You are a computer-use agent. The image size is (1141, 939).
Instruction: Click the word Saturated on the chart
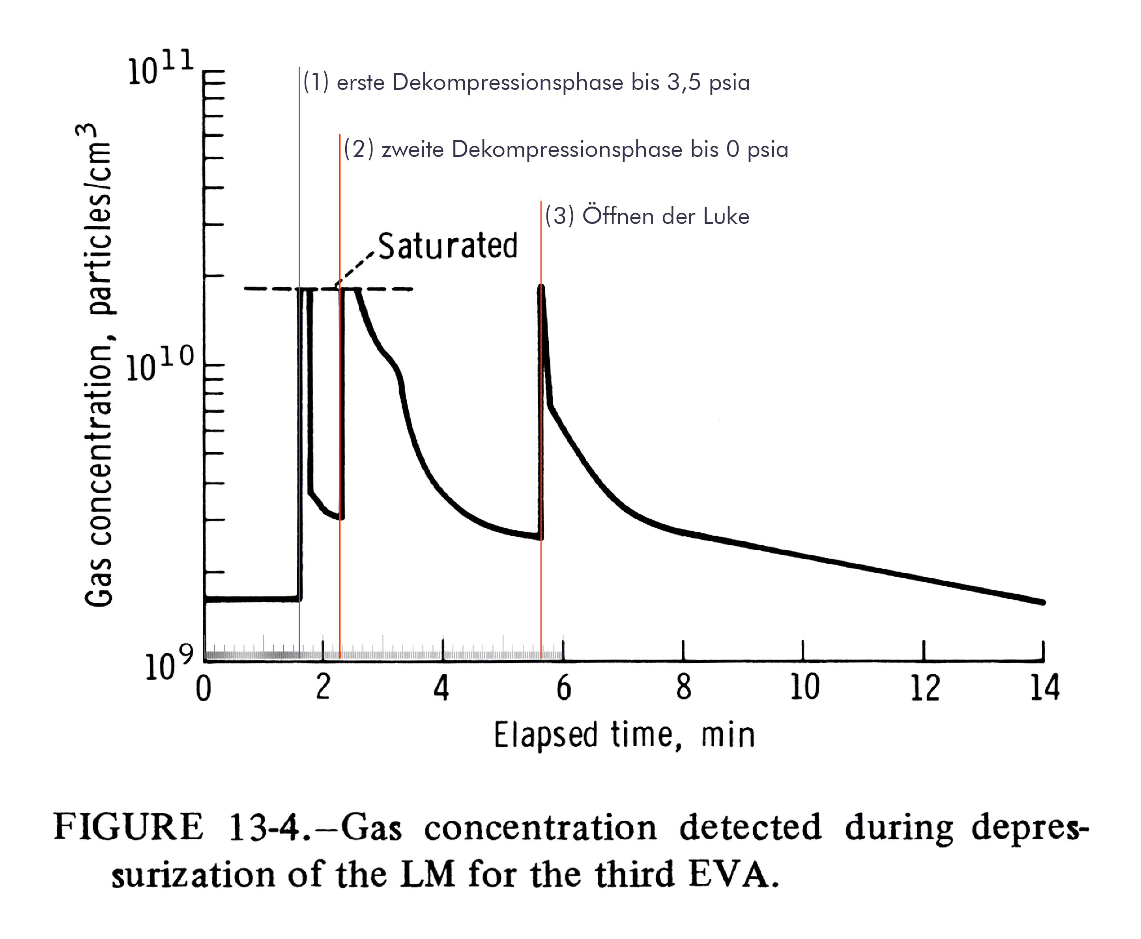click(x=447, y=246)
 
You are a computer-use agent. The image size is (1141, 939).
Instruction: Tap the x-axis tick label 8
click(x=684, y=687)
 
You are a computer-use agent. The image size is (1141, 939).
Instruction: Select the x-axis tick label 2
click(x=323, y=687)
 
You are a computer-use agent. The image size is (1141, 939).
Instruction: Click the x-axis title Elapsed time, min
click(x=624, y=736)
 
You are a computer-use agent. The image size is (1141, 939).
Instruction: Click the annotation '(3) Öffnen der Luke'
click(x=647, y=216)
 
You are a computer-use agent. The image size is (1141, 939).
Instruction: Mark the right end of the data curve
click(x=1042, y=602)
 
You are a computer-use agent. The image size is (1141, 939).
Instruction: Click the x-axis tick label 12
click(x=924, y=687)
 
